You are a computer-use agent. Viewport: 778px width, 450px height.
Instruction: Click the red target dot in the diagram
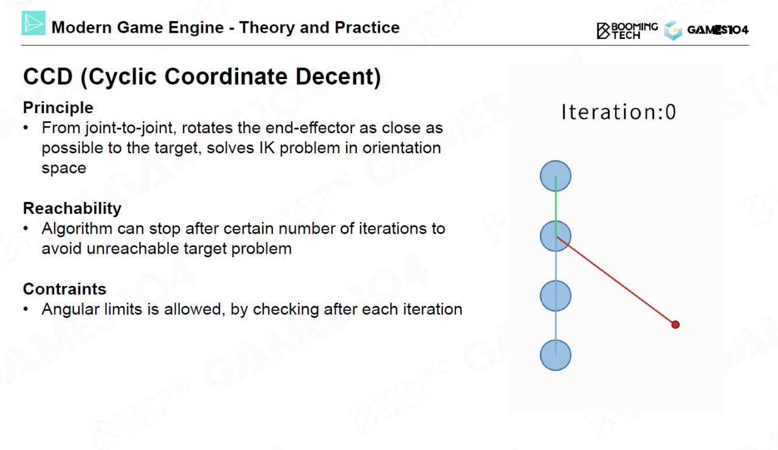click(x=675, y=325)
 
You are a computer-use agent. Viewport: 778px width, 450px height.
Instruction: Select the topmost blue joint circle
click(x=556, y=176)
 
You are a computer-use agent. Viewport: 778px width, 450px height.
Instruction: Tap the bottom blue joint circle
click(x=556, y=355)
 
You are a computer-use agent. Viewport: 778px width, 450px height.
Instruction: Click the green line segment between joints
click(x=556, y=206)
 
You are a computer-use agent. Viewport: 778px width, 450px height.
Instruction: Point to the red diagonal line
click(x=616, y=280)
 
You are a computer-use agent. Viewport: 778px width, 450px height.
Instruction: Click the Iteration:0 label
click(x=619, y=112)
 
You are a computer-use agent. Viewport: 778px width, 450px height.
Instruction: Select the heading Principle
click(x=58, y=108)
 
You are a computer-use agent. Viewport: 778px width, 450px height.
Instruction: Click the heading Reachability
click(x=72, y=209)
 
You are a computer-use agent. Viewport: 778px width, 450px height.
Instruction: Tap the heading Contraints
click(x=64, y=289)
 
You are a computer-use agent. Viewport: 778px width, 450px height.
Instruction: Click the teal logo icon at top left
click(x=33, y=23)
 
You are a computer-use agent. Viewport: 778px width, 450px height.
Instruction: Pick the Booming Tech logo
click(x=627, y=30)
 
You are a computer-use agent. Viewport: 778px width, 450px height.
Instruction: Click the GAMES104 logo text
click(x=718, y=30)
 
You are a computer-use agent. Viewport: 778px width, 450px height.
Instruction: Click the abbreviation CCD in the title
click(x=48, y=77)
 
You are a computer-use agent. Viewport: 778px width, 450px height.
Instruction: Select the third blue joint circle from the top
click(x=556, y=296)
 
